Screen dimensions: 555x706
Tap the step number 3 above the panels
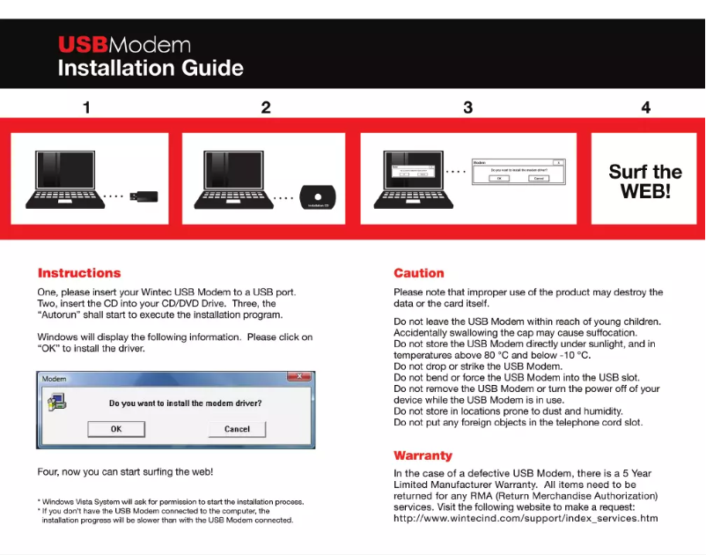click(467, 107)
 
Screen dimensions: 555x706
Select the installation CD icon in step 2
click(319, 196)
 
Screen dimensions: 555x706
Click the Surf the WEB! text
click(644, 181)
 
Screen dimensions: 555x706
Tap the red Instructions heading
click(79, 273)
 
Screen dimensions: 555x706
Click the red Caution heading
click(418, 273)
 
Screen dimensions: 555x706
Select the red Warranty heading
click(423, 455)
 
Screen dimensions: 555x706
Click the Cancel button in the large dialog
click(237, 429)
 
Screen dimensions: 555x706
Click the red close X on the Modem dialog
click(300, 377)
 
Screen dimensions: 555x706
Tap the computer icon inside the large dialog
click(56, 403)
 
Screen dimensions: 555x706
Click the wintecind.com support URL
click(526, 518)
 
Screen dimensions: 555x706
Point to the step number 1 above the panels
click(86, 107)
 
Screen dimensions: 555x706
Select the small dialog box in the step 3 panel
click(518, 171)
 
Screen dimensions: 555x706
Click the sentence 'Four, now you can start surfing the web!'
click(125, 472)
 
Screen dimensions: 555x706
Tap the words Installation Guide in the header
click(151, 68)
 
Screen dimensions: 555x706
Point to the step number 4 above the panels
click(645, 107)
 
